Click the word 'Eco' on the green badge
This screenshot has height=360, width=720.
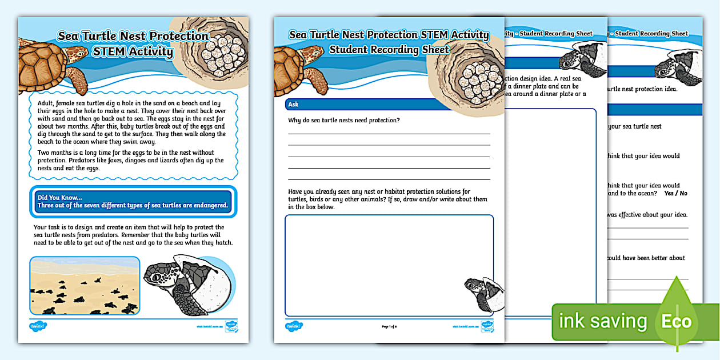pos(676,321)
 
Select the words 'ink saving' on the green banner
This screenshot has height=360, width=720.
pos(603,321)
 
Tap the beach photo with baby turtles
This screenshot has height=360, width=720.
pos(84,286)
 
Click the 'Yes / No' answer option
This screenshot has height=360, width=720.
pos(675,194)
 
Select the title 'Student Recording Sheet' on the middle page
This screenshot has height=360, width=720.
pos(389,50)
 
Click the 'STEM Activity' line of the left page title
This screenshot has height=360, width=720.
pos(133,52)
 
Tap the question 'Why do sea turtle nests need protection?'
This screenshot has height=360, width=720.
pos(344,120)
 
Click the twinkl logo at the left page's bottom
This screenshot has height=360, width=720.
pos(38,326)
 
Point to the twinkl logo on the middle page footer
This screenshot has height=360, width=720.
pos(294,326)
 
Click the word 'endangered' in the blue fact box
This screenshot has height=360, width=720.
pos(208,206)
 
